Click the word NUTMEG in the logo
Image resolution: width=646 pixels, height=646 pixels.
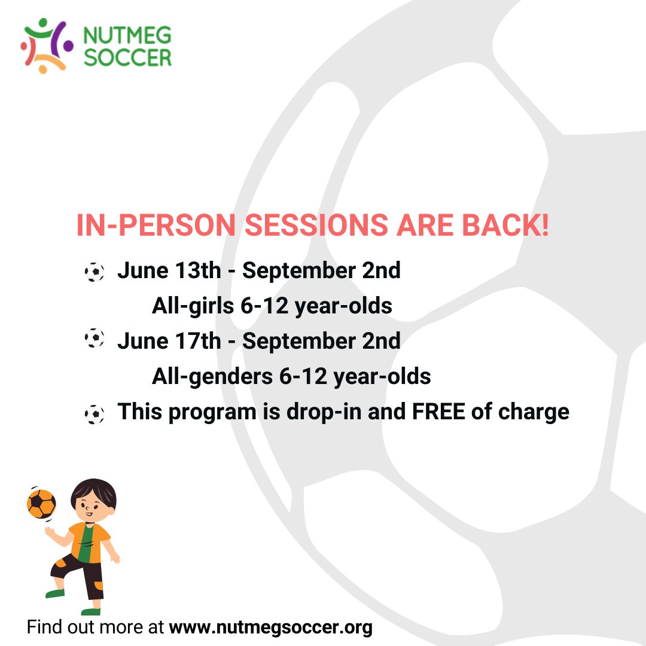point(127,35)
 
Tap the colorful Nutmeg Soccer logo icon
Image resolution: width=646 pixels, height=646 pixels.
point(46,45)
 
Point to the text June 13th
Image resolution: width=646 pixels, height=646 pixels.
point(169,270)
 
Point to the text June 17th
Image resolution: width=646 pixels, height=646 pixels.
point(169,341)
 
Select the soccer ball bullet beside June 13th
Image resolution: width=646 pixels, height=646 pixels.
point(94,272)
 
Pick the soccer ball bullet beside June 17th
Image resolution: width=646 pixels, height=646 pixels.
point(94,339)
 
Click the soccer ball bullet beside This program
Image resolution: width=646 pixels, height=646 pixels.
point(94,414)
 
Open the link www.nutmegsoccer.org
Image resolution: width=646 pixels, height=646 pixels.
point(270,627)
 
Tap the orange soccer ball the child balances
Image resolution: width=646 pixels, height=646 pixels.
point(41,504)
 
